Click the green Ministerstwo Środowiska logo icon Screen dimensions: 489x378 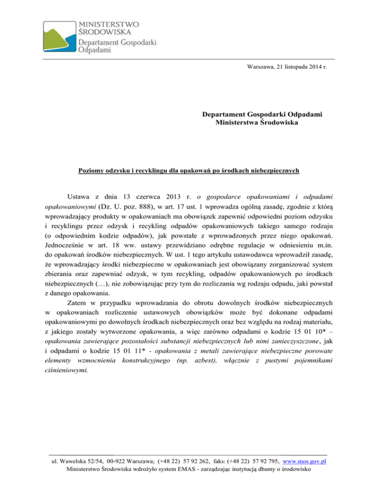(60, 37)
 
